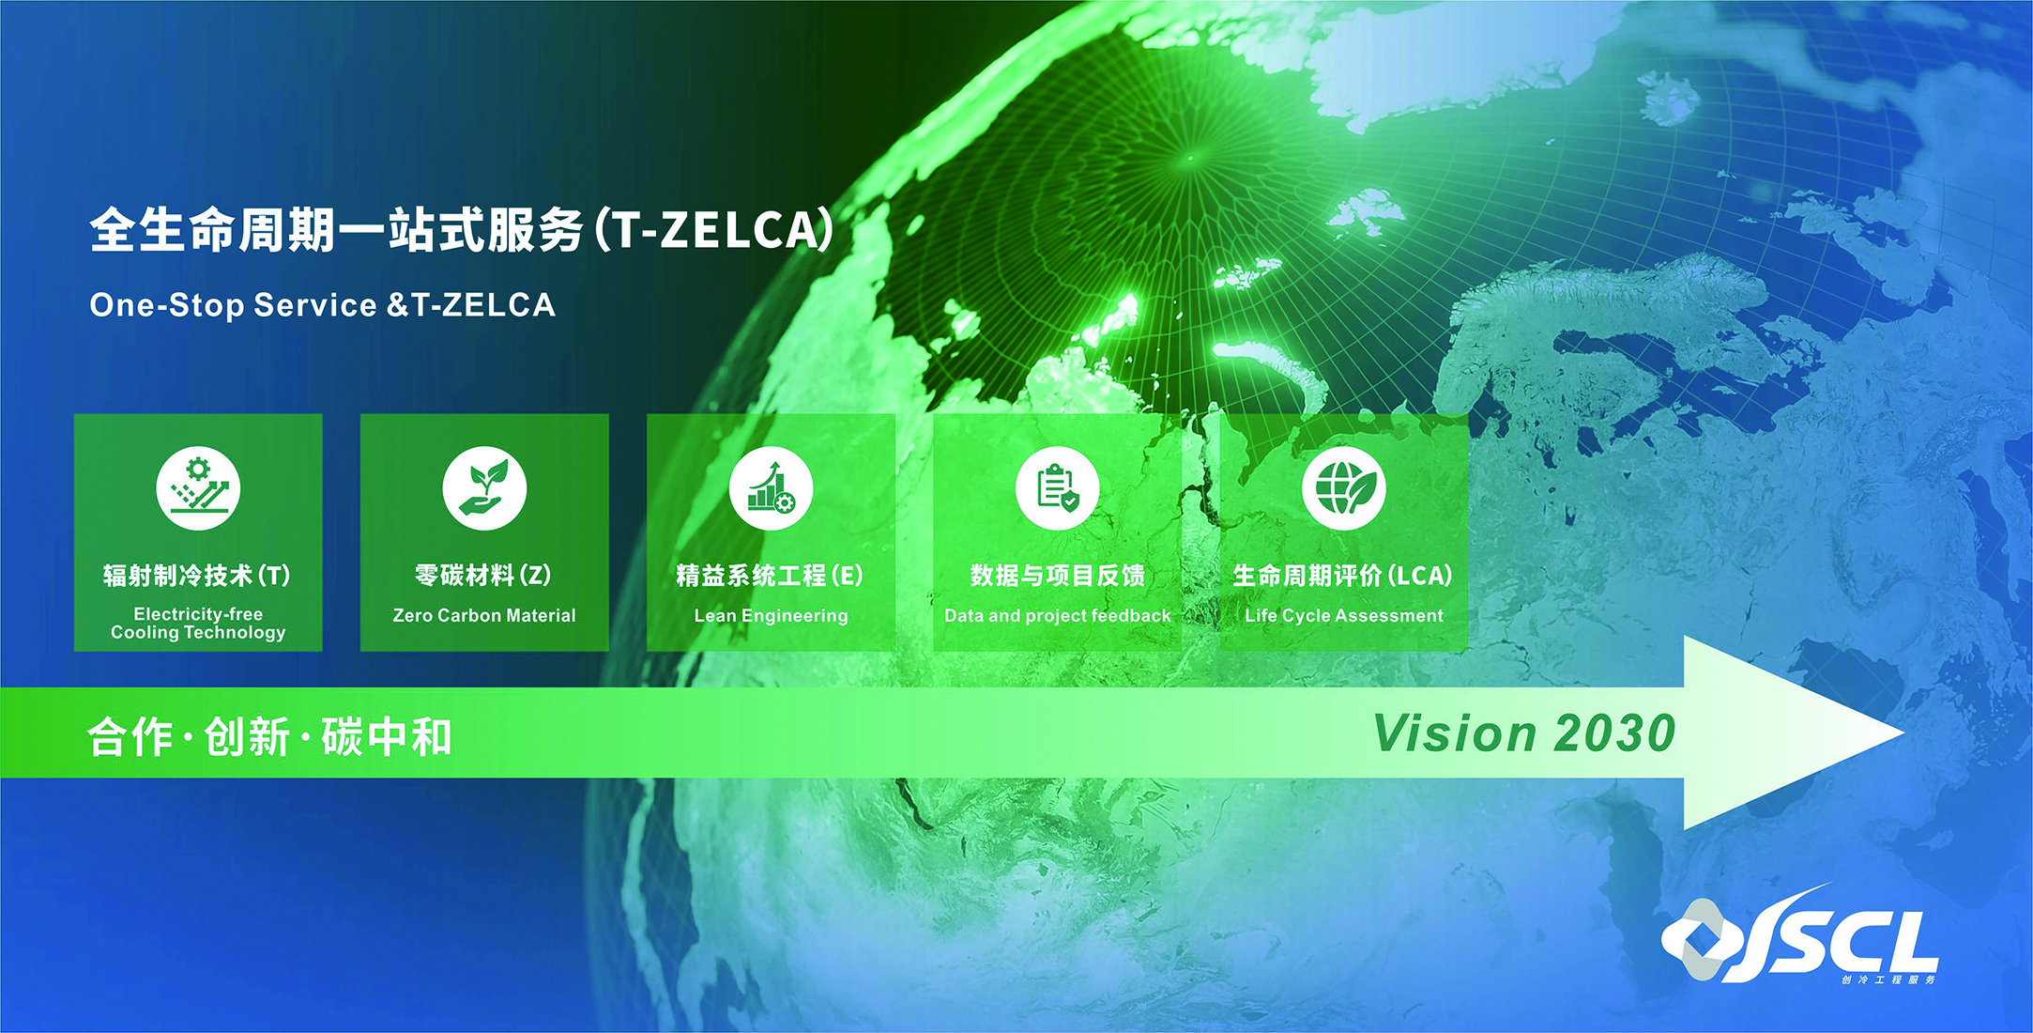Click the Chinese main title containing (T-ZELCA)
pyautogui.click(x=462, y=230)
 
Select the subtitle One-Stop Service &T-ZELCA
pyautogui.click(x=322, y=305)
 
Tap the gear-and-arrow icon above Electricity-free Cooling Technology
pyautogui.click(x=198, y=488)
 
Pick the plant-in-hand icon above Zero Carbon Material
pyautogui.click(x=484, y=488)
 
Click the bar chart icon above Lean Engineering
pyautogui.click(x=771, y=488)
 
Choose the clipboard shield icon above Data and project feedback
pyautogui.click(x=1057, y=488)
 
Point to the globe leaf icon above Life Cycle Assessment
pyautogui.click(x=1344, y=488)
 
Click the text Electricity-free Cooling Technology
pyautogui.click(x=198, y=623)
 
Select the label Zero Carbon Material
pyautogui.click(x=484, y=616)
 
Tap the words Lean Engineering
pyautogui.click(x=771, y=616)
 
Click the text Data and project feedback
pyautogui.click(x=1057, y=616)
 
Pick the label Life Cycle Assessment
pyautogui.click(x=1344, y=616)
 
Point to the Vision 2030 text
pyautogui.click(x=1524, y=733)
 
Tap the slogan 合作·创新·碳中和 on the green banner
pyautogui.click(x=269, y=736)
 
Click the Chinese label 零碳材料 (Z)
pyautogui.click(x=483, y=575)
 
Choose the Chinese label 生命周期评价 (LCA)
pyautogui.click(x=1343, y=575)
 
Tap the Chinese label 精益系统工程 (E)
pyautogui.click(x=770, y=575)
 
